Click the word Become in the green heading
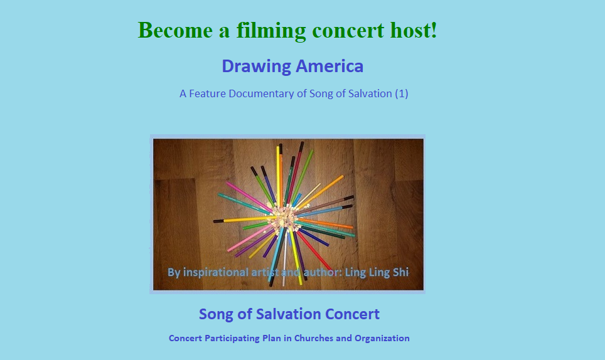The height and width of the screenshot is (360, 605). (175, 30)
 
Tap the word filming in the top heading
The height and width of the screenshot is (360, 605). (271, 31)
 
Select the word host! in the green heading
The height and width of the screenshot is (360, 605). (414, 30)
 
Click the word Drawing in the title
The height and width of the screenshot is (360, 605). (256, 66)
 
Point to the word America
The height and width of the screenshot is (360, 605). (329, 66)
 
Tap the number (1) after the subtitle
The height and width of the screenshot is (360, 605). (401, 93)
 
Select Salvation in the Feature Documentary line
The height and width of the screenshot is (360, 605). (370, 93)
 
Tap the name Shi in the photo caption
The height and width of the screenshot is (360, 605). (400, 272)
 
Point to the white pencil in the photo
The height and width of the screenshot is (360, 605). (285, 259)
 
